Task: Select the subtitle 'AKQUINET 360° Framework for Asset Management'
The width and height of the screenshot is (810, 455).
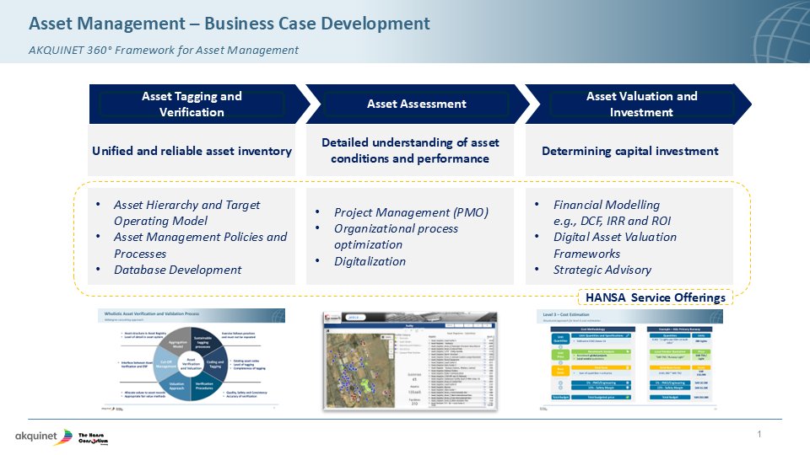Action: [163, 50]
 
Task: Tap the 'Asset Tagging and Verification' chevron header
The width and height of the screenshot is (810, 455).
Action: [192, 104]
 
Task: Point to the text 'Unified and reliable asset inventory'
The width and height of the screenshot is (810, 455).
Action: [192, 152]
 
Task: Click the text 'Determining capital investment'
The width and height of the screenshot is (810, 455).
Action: [629, 152]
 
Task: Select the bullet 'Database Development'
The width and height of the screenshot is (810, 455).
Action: [177, 270]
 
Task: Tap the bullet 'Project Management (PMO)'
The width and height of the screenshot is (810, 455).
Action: [411, 212]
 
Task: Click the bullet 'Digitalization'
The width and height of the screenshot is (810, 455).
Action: [370, 261]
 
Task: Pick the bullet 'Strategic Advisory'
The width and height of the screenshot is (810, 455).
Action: [602, 270]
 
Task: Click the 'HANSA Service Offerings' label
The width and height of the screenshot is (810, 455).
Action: [655, 297]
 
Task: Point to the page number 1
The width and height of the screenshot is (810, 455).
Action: [759, 435]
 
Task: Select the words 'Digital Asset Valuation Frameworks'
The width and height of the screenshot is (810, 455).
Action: [614, 245]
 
